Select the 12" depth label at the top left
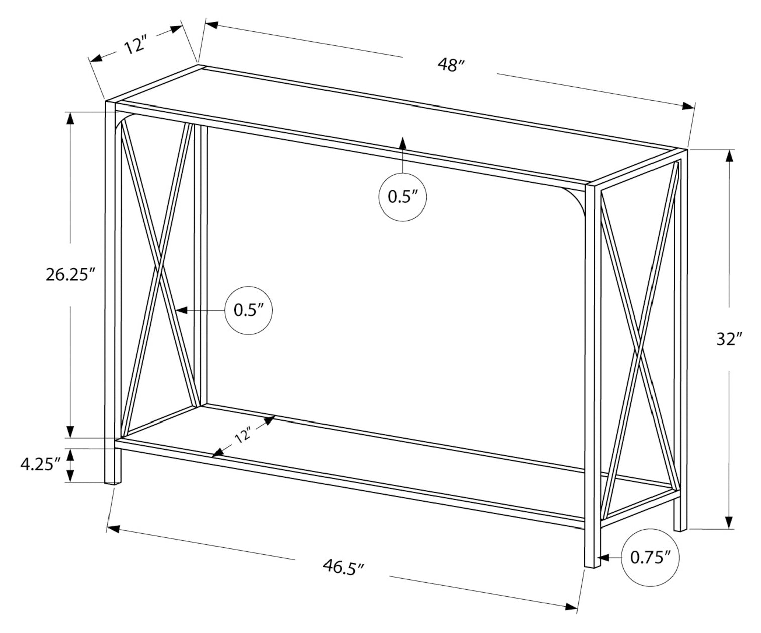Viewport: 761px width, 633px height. [134, 46]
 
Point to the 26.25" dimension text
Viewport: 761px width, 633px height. [70, 275]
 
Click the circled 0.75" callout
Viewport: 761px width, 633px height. [650, 557]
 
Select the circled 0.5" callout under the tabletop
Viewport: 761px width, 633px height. [402, 197]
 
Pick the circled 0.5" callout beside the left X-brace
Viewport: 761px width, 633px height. [249, 310]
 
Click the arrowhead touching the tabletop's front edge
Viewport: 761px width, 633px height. [402, 142]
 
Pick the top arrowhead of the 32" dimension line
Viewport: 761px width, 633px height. [729, 156]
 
